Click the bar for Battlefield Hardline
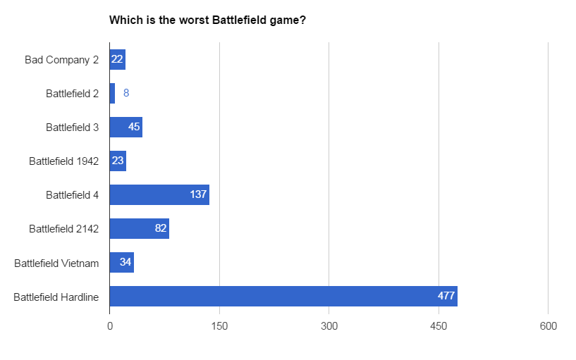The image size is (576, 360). (282, 296)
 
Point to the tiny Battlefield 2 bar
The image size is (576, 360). (112, 93)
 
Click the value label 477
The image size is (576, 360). (446, 296)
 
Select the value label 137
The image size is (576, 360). (198, 194)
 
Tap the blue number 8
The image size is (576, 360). (126, 93)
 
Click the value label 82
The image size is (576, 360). (161, 228)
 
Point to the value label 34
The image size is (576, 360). (125, 262)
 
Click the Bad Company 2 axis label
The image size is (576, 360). (62, 59)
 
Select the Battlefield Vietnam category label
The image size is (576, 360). (56, 263)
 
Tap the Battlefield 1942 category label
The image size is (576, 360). (64, 161)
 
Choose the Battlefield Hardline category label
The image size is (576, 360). (56, 297)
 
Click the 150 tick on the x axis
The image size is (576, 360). (219, 326)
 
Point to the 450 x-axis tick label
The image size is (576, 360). (439, 326)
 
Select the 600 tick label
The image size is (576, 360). (548, 326)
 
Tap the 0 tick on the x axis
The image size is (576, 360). (110, 326)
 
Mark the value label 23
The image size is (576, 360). (118, 161)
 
